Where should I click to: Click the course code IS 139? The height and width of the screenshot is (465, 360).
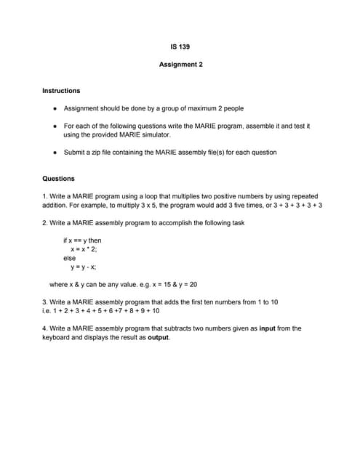pyautogui.click(x=180, y=47)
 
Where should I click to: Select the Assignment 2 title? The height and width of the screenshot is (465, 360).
pyautogui.click(x=180, y=65)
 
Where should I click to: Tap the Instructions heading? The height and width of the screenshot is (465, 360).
pyautogui.click(x=61, y=91)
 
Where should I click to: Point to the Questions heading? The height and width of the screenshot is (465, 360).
pyautogui.click(x=58, y=179)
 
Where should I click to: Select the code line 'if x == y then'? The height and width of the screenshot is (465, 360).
pyautogui.click(x=82, y=240)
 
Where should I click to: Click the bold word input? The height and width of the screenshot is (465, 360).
pyautogui.click(x=267, y=328)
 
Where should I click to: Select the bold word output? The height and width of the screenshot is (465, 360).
pyautogui.click(x=158, y=337)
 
